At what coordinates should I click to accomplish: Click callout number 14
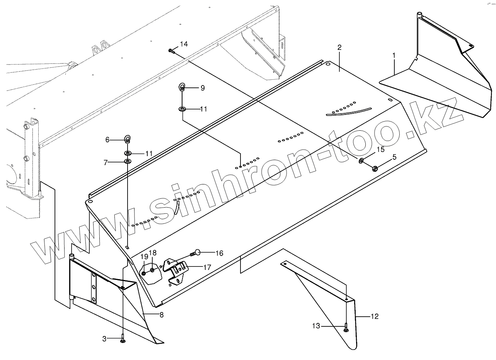pos(184,44)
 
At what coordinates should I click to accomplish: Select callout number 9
pos(202,88)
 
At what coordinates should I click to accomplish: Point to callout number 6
pos(107,140)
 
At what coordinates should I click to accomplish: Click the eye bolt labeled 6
pos(128,138)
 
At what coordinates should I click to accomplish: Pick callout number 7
pos(106,162)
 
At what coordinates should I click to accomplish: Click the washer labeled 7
pos(128,161)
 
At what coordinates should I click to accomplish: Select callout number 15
pos(380,149)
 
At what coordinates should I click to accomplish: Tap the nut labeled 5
pos(374,168)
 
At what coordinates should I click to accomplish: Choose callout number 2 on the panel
pos(339,48)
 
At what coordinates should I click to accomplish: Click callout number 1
pos(394,55)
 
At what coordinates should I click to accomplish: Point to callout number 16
pos(219,253)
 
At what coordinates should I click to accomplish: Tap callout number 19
pos(144,256)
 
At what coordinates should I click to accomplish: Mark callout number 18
pos(153,253)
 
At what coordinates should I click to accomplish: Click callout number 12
pos(374,317)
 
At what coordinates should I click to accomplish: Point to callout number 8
pos(161,315)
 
